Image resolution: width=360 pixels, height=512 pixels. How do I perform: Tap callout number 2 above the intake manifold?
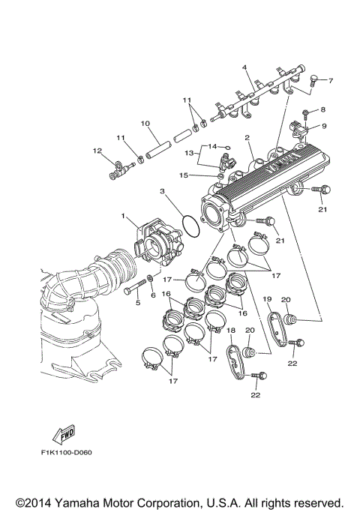[247, 138]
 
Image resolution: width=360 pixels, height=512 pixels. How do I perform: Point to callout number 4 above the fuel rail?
[244, 68]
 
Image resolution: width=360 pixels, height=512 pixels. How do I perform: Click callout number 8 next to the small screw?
[324, 110]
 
